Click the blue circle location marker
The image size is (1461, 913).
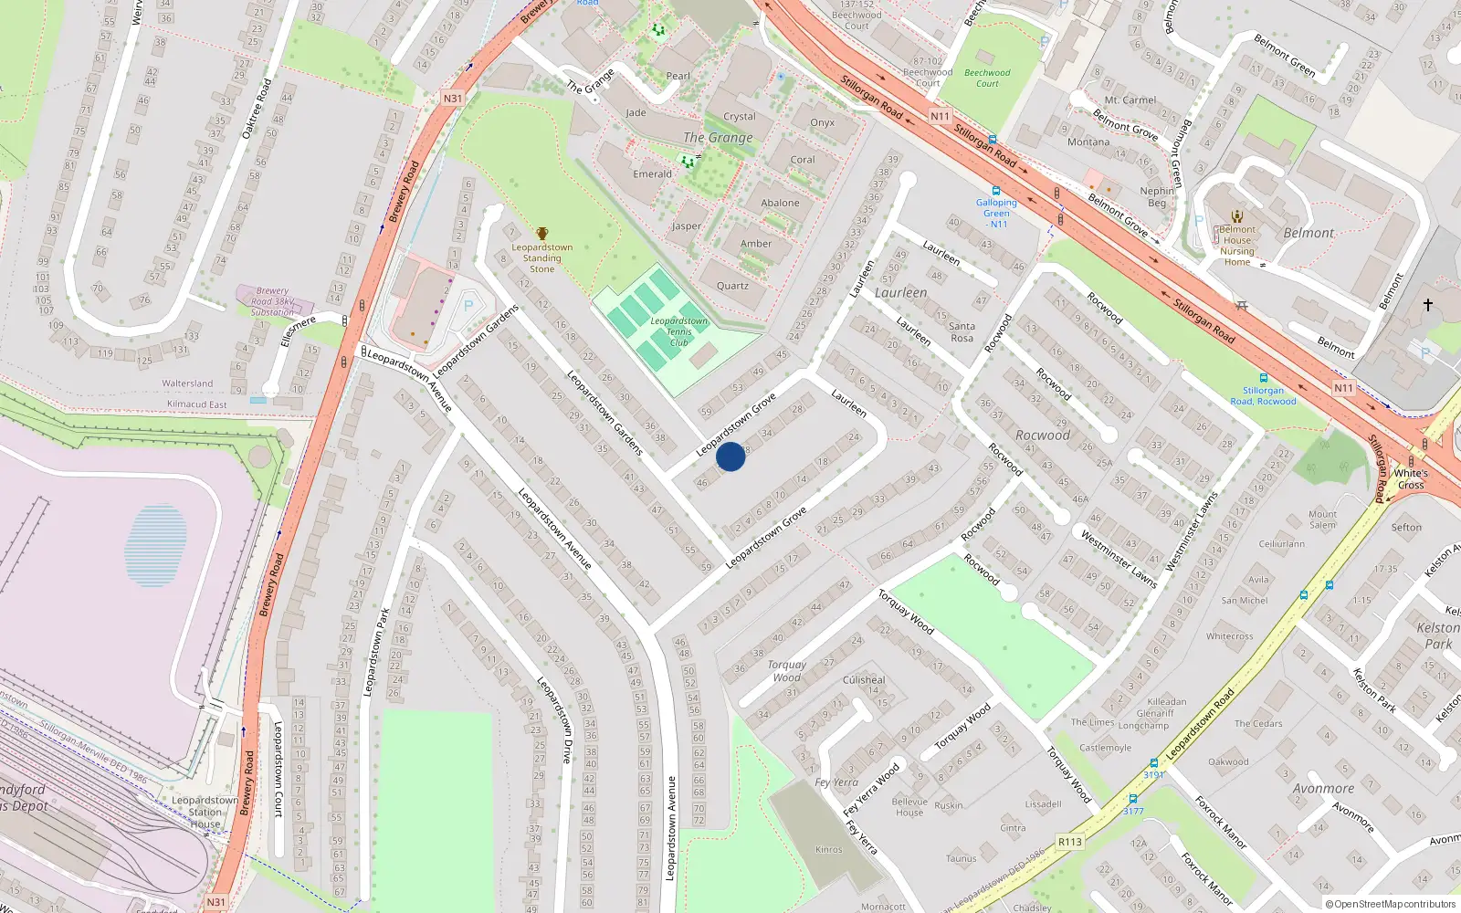click(730, 456)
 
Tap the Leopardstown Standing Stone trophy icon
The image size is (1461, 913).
click(542, 234)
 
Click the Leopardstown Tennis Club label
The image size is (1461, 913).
click(678, 331)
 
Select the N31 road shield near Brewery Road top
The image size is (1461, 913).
click(453, 99)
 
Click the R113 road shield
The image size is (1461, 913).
click(1070, 842)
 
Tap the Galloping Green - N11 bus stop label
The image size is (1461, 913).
click(996, 213)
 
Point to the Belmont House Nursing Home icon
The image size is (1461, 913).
click(1237, 216)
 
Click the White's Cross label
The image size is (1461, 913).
click(1411, 478)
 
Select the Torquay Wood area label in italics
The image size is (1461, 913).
click(786, 671)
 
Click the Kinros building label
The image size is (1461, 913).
click(829, 849)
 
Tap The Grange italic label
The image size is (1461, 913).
click(719, 138)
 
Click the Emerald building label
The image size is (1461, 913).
click(652, 173)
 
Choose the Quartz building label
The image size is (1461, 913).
click(732, 286)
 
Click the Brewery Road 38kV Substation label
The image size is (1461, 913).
click(272, 301)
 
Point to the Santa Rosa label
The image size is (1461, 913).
click(962, 331)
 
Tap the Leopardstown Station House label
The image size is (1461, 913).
click(205, 812)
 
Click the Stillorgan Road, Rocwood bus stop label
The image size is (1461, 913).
click(1263, 395)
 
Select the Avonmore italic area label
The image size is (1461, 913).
click(1323, 789)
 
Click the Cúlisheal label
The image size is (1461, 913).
click(864, 679)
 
